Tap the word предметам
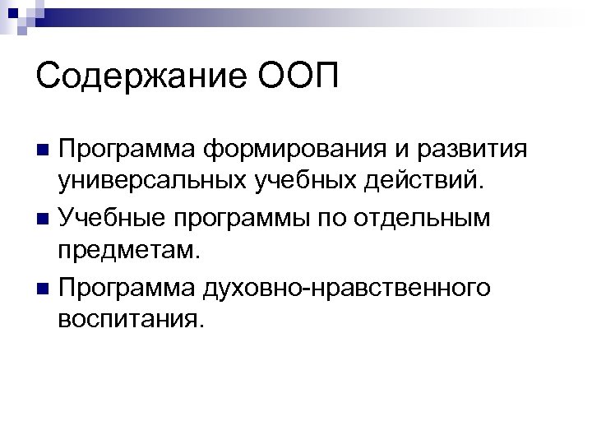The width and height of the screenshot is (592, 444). click(129, 248)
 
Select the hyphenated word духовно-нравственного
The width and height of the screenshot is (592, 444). click(349, 289)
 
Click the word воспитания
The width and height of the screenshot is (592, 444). click(130, 317)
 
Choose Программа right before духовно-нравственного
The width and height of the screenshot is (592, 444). click(115, 289)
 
